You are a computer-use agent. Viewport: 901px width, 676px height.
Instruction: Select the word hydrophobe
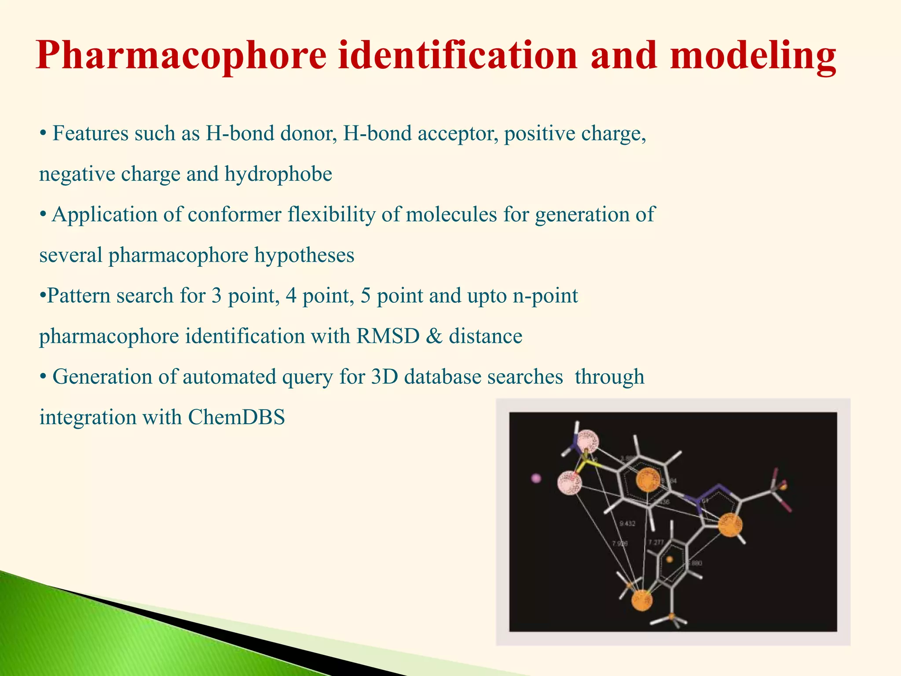pyautogui.click(x=278, y=174)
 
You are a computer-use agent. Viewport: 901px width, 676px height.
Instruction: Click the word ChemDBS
pyautogui.click(x=236, y=417)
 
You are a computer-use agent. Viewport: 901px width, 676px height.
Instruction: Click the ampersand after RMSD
pyautogui.click(x=434, y=337)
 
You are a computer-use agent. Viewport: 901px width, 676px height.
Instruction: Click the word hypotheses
pyautogui.click(x=304, y=255)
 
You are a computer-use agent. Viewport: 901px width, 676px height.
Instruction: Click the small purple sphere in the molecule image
pyautogui.click(x=536, y=478)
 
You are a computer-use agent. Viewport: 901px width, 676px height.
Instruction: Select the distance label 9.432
pyautogui.click(x=627, y=524)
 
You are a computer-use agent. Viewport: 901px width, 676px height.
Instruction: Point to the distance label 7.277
pyautogui.click(x=656, y=543)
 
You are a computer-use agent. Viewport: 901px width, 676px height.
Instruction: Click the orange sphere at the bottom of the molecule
pyautogui.click(x=642, y=600)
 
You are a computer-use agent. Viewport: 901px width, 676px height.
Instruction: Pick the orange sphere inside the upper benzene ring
pyautogui.click(x=648, y=479)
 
